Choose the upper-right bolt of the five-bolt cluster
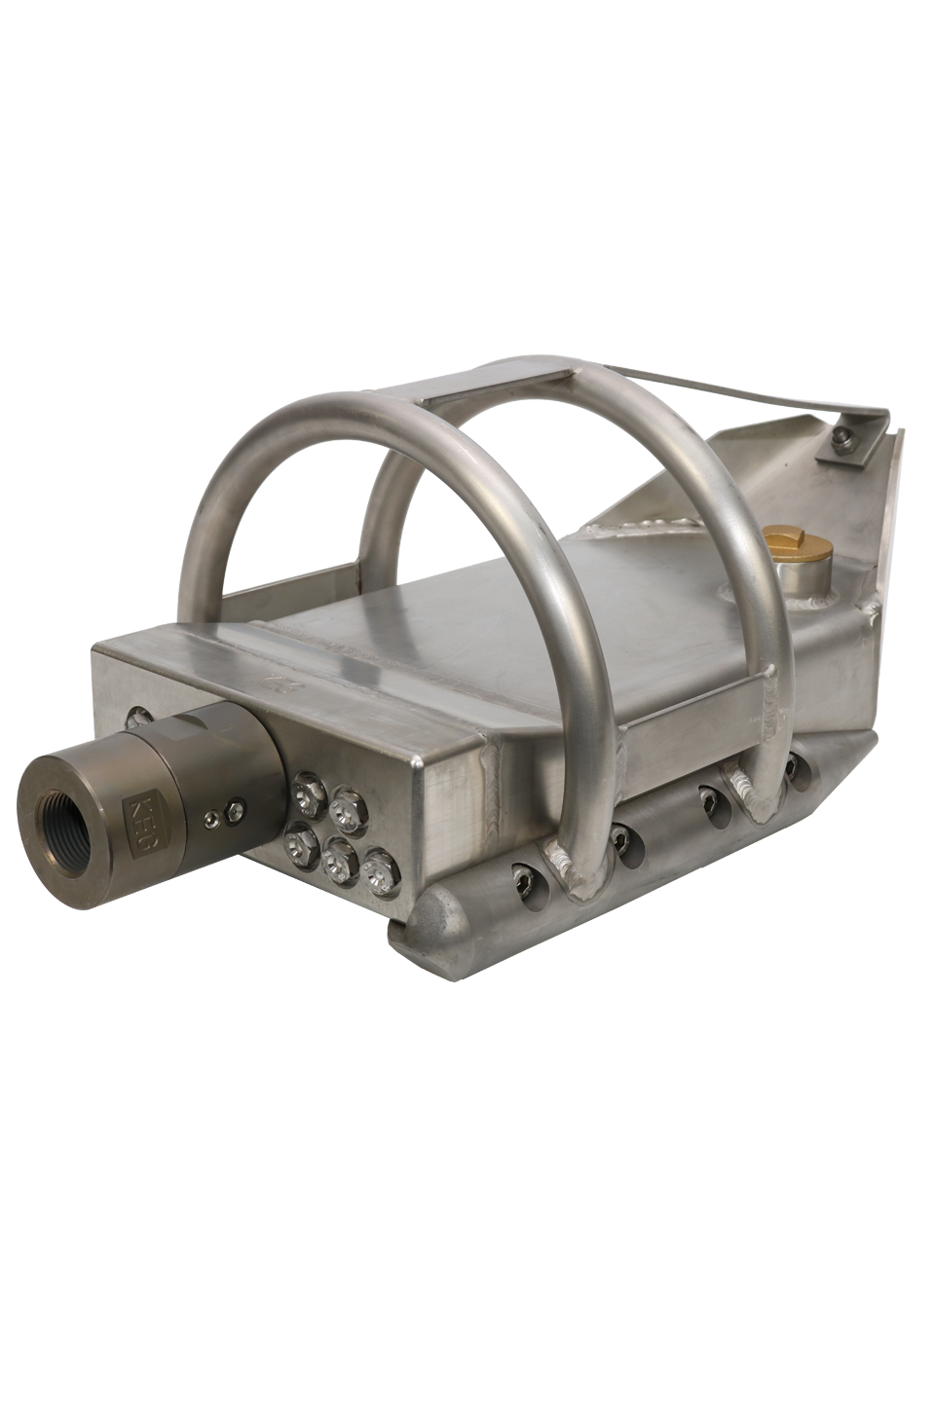coord(347,808)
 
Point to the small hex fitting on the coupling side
coord(234,807)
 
